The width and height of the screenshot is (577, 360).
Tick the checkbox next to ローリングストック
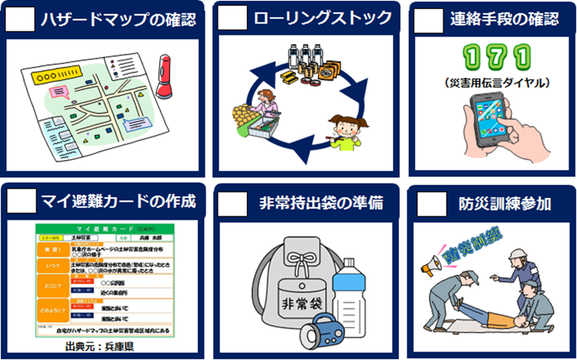tap(233, 20)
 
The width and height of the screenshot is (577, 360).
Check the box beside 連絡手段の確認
tap(427, 20)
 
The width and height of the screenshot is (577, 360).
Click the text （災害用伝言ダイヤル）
tap(495, 82)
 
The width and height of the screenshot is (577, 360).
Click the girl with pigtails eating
tap(345, 131)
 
